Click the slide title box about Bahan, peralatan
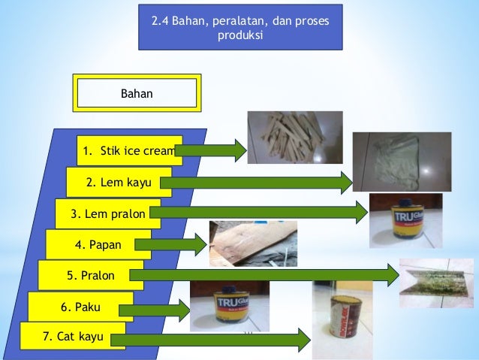click(x=240, y=29)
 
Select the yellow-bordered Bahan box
click(x=136, y=92)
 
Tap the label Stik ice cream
click(x=129, y=150)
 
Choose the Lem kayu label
click(x=118, y=182)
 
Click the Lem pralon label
click(x=107, y=213)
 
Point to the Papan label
click(x=98, y=244)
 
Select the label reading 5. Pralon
click(x=90, y=276)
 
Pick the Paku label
click(x=80, y=307)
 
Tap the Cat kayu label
click(x=72, y=336)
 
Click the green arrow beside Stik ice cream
click(x=210, y=150)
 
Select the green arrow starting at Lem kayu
click(x=256, y=182)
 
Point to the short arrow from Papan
click(x=179, y=244)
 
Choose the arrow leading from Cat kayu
click(x=210, y=340)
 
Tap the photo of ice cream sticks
click(x=295, y=137)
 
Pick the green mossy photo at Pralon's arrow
click(x=436, y=283)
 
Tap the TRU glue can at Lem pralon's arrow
click(x=405, y=220)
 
